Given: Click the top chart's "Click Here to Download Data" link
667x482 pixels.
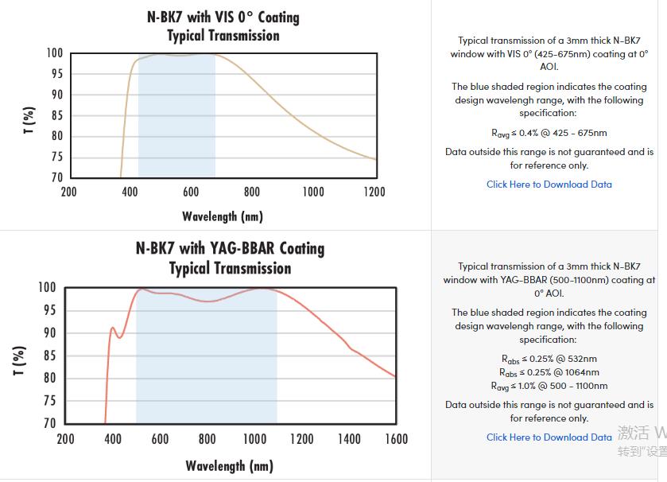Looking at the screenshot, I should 549,185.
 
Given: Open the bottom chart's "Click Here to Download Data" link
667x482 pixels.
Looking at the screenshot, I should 549,437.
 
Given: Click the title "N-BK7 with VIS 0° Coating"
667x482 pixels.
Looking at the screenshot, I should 223,17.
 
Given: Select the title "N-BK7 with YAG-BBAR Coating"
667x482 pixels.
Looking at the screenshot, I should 230,248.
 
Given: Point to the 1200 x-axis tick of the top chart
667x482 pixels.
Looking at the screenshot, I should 374,192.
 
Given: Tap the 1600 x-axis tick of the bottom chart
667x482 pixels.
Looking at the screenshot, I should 395,439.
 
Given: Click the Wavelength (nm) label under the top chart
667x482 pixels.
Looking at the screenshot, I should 223,216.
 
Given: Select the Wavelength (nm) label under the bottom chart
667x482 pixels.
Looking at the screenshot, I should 230,465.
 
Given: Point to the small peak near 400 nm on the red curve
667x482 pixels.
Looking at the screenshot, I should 113,328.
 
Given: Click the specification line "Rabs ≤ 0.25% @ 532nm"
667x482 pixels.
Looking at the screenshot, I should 549,359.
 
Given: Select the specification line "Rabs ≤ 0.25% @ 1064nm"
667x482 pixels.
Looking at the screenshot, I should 549,372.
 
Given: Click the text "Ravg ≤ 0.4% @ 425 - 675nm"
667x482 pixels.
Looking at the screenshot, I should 549,133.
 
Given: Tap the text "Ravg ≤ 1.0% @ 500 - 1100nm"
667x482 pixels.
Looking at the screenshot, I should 549,386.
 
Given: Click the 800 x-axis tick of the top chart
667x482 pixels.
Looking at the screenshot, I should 252,192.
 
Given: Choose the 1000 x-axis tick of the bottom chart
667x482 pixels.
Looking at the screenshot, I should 254,439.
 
